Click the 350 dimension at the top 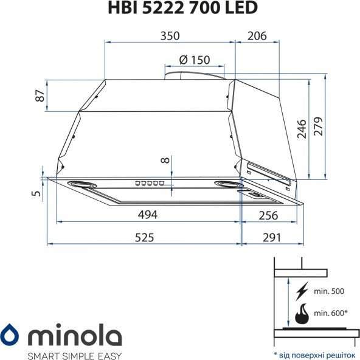tap(170, 36)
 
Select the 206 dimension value tap(257, 36)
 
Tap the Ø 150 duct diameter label tap(195, 60)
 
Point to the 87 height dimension tap(40, 95)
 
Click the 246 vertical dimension tap(302, 129)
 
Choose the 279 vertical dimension tap(318, 126)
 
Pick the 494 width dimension tap(148, 215)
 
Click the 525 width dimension tap(144, 237)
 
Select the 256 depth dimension tap(268, 215)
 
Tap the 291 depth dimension tap(272, 237)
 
